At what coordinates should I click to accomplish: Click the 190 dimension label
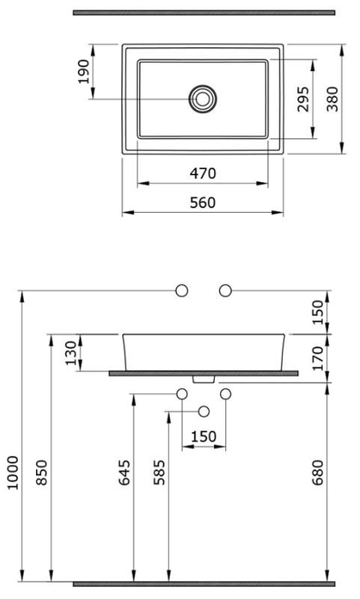coord(84,72)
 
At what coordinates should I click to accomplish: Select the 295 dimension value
coord(304,99)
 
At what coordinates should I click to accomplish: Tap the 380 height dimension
coord(332,99)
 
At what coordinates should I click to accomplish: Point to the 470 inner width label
coord(203,174)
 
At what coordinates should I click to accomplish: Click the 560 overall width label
coord(203,202)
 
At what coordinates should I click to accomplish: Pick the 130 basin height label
coord(71,353)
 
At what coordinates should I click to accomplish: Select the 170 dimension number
coord(317,358)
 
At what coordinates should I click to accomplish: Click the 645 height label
coord(124,472)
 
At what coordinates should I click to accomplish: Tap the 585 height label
coord(159,472)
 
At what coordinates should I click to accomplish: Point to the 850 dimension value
coord(42,472)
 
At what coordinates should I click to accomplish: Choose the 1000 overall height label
coord(13,472)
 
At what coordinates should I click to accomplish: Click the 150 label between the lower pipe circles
coord(204,437)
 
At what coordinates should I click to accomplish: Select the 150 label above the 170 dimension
coord(317,312)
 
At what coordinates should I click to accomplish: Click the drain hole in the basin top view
coord(203,99)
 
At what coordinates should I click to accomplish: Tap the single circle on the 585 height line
coord(204,411)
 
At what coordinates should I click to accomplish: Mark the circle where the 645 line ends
coord(182,394)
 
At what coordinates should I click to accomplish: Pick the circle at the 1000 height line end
coord(182,291)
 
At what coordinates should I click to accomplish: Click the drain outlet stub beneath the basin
coord(204,380)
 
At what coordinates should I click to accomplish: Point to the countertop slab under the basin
coord(204,373)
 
